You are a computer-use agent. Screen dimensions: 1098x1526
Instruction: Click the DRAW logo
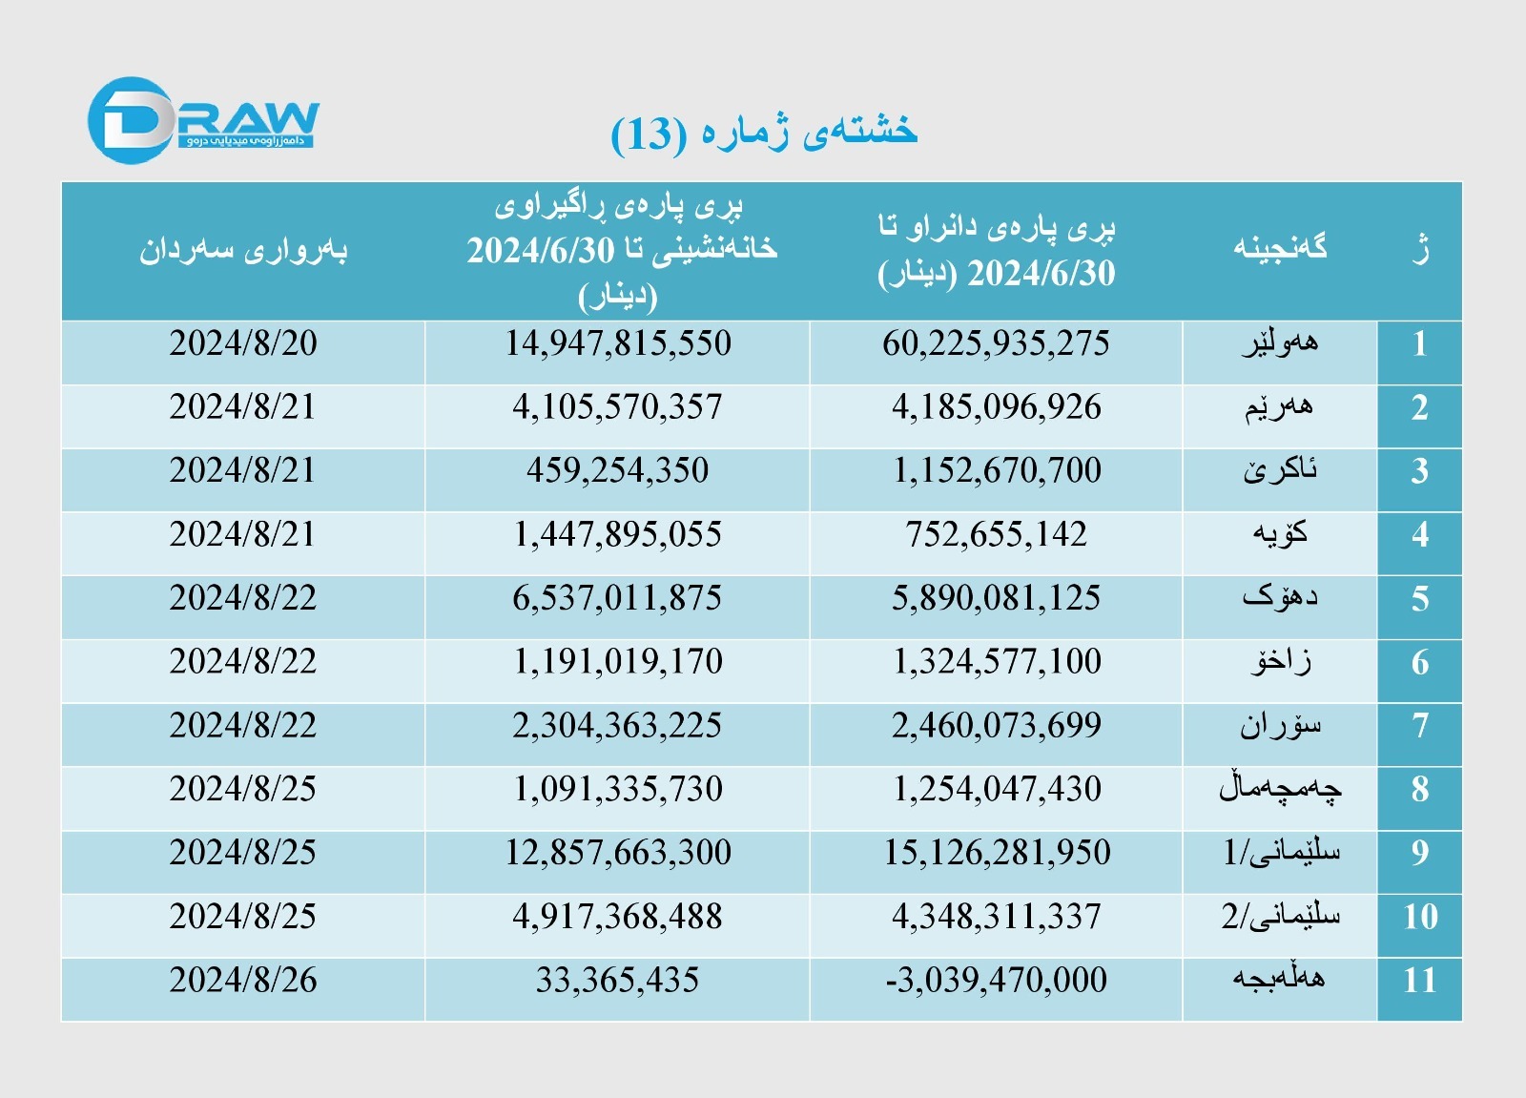click(202, 121)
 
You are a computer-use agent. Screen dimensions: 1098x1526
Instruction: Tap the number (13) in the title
click(649, 135)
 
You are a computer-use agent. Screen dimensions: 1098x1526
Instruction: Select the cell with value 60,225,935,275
click(996, 344)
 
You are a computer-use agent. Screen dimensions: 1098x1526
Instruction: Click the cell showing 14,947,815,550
click(618, 344)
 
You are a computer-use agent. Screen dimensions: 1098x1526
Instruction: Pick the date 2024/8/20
click(243, 344)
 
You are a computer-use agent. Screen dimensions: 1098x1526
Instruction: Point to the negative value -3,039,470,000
click(996, 981)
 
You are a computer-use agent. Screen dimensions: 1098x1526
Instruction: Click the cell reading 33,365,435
click(617, 981)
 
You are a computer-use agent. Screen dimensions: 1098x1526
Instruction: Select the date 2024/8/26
click(243, 981)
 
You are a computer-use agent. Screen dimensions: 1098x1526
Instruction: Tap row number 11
click(1419, 981)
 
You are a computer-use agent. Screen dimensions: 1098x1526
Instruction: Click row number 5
click(1419, 599)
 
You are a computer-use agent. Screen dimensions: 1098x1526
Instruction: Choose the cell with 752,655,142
click(996, 535)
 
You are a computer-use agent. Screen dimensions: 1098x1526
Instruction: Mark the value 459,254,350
click(617, 471)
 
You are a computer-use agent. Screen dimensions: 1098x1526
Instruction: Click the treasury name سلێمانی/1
click(1281, 852)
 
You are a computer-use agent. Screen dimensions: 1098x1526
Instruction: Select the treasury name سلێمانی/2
click(1281, 917)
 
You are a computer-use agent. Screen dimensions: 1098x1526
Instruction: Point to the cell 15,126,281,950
click(997, 853)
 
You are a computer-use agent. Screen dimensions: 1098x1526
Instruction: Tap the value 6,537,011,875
click(617, 599)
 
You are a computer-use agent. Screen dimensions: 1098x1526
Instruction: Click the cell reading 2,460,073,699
click(996, 726)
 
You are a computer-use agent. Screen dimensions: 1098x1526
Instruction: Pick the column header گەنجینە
click(1280, 248)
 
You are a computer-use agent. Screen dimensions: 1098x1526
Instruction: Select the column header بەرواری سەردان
click(243, 250)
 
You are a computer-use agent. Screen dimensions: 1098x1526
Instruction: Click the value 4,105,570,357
click(617, 408)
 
